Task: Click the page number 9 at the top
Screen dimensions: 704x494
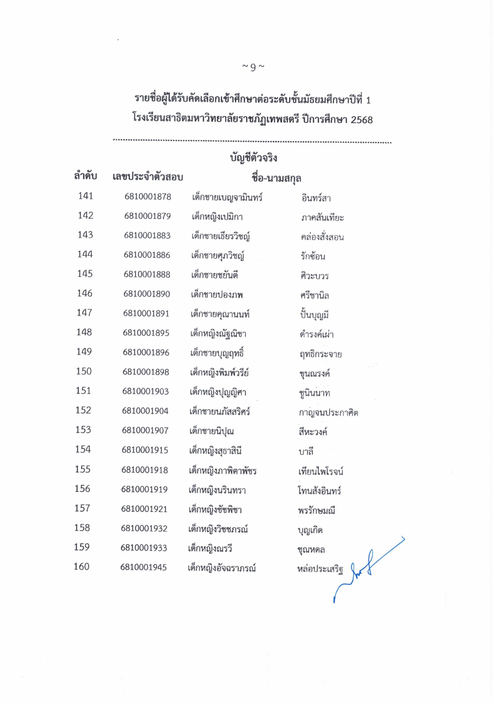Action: [x=253, y=67]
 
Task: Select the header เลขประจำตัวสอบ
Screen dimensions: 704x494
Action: [x=148, y=177]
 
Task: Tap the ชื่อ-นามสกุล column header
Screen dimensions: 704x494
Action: [x=276, y=178]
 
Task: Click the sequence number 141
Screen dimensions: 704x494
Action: [x=85, y=196]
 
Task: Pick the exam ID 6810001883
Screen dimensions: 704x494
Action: [x=147, y=235]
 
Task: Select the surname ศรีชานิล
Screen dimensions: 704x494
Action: [x=315, y=295]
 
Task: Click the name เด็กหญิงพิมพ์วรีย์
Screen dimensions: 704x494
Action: [x=219, y=373]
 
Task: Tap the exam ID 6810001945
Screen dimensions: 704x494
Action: [x=143, y=567]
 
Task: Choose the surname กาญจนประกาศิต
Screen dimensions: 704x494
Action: [x=328, y=413]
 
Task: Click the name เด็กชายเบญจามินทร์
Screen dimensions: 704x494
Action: [x=227, y=197]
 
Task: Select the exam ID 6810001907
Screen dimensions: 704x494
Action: [x=145, y=430]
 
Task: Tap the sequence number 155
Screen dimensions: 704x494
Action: [x=83, y=469]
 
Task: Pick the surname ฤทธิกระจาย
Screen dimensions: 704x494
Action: [x=320, y=354]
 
